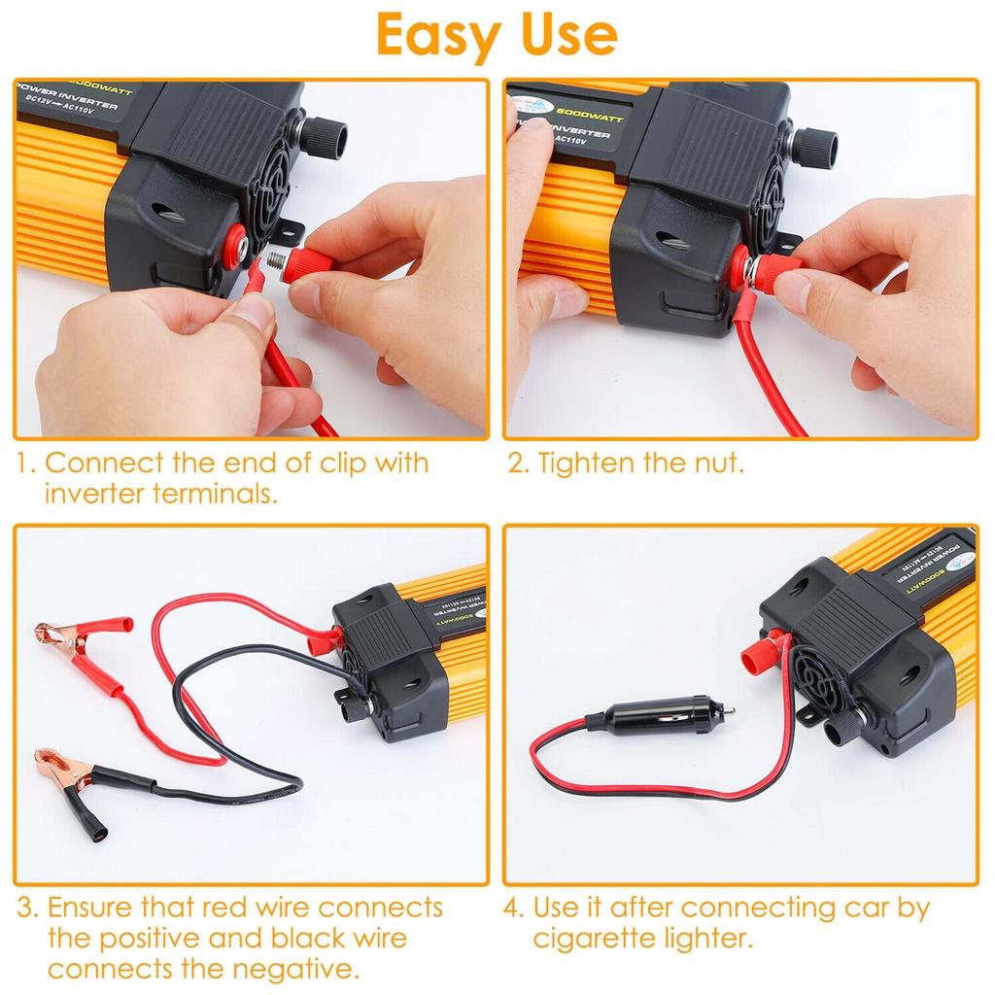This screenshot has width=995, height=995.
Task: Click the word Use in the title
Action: point(562,36)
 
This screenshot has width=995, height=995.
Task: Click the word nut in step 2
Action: point(715,463)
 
